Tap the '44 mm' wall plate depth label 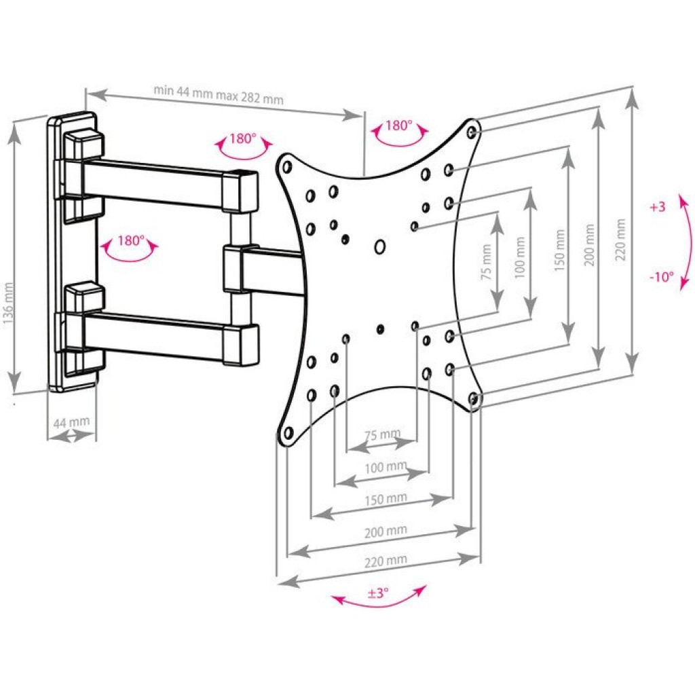[x=71, y=422]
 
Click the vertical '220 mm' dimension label [x=620, y=240]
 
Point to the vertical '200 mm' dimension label [x=590, y=244]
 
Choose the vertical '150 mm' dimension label [x=559, y=250]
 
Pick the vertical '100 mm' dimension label [x=520, y=257]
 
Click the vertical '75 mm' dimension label [x=487, y=262]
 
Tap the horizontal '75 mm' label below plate [x=383, y=434]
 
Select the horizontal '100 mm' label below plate [x=386, y=467]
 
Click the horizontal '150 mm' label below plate [x=386, y=499]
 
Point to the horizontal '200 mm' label [x=386, y=531]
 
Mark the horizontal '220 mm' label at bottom [x=386, y=561]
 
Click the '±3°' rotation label [x=377, y=592]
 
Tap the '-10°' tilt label [x=661, y=277]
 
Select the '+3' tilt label [x=658, y=206]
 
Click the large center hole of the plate [x=380, y=247]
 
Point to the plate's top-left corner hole [x=287, y=167]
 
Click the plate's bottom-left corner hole [x=288, y=432]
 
